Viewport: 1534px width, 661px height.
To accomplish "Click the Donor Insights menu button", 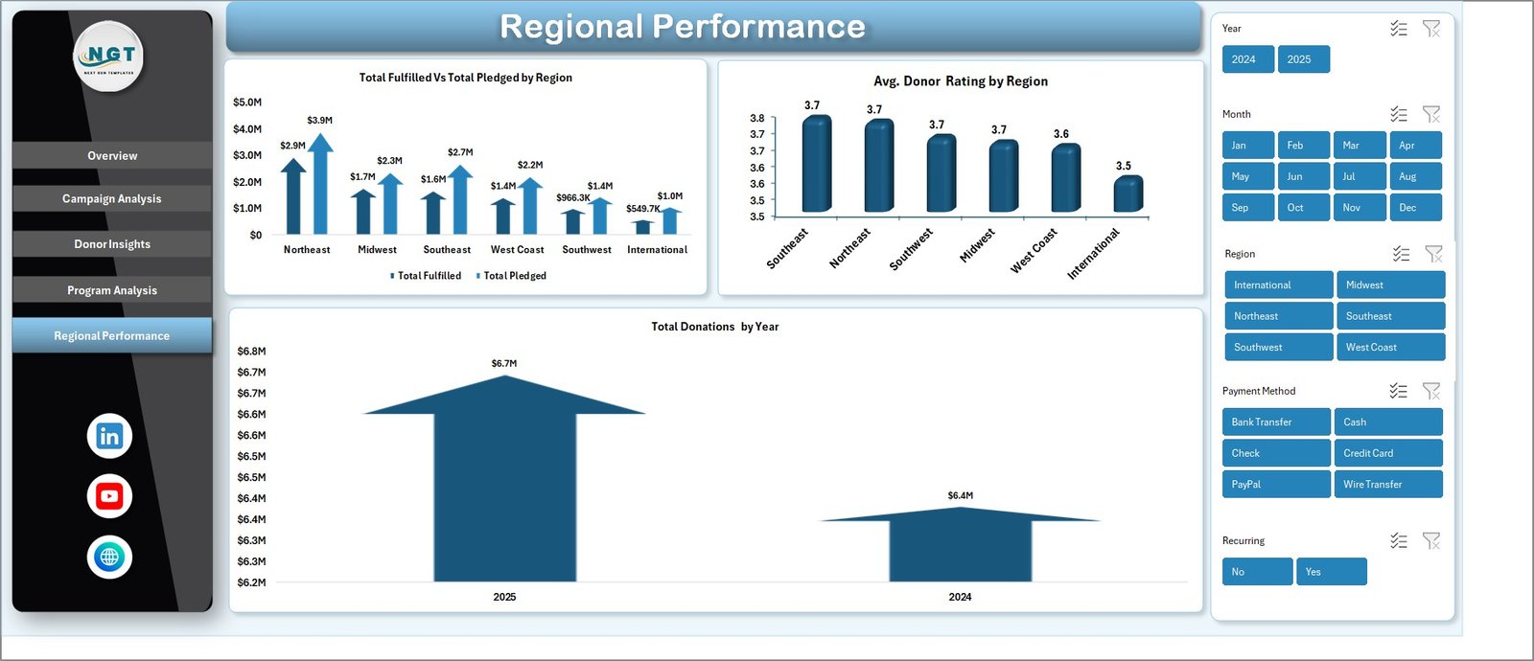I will [x=112, y=244].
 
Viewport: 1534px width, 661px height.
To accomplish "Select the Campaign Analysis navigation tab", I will [x=112, y=199].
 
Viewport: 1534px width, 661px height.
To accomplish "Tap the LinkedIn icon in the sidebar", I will [x=109, y=436].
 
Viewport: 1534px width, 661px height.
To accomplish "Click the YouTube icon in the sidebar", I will [x=109, y=496].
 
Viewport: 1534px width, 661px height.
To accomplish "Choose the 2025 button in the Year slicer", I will [x=1303, y=59].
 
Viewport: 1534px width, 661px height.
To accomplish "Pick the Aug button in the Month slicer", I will [x=1415, y=176].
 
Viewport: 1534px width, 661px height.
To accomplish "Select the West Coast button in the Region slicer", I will [x=1390, y=347].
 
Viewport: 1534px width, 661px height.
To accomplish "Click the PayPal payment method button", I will [x=1275, y=485].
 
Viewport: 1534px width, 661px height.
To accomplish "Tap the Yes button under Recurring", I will [x=1331, y=572].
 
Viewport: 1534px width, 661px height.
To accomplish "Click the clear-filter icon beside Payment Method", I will [x=1431, y=391].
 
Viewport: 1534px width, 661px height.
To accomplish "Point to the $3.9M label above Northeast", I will [x=319, y=121].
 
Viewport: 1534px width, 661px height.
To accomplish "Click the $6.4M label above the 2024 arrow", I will [x=960, y=495].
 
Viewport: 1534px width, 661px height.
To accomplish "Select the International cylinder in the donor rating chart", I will [x=1127, y=194].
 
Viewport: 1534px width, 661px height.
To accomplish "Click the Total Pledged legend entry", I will [x=514, y=276].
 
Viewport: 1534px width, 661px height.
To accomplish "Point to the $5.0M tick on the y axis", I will [x=247, y=103].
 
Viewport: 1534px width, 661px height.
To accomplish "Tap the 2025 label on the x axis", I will [x=504, y=597].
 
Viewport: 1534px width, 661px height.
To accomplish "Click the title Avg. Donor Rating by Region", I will [x=960, y=81].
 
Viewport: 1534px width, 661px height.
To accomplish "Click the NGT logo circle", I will [x=109, y=57].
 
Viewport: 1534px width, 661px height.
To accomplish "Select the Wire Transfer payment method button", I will [x=1387, y=485].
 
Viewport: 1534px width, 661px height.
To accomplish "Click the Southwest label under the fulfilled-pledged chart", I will [x=587, y=250].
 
